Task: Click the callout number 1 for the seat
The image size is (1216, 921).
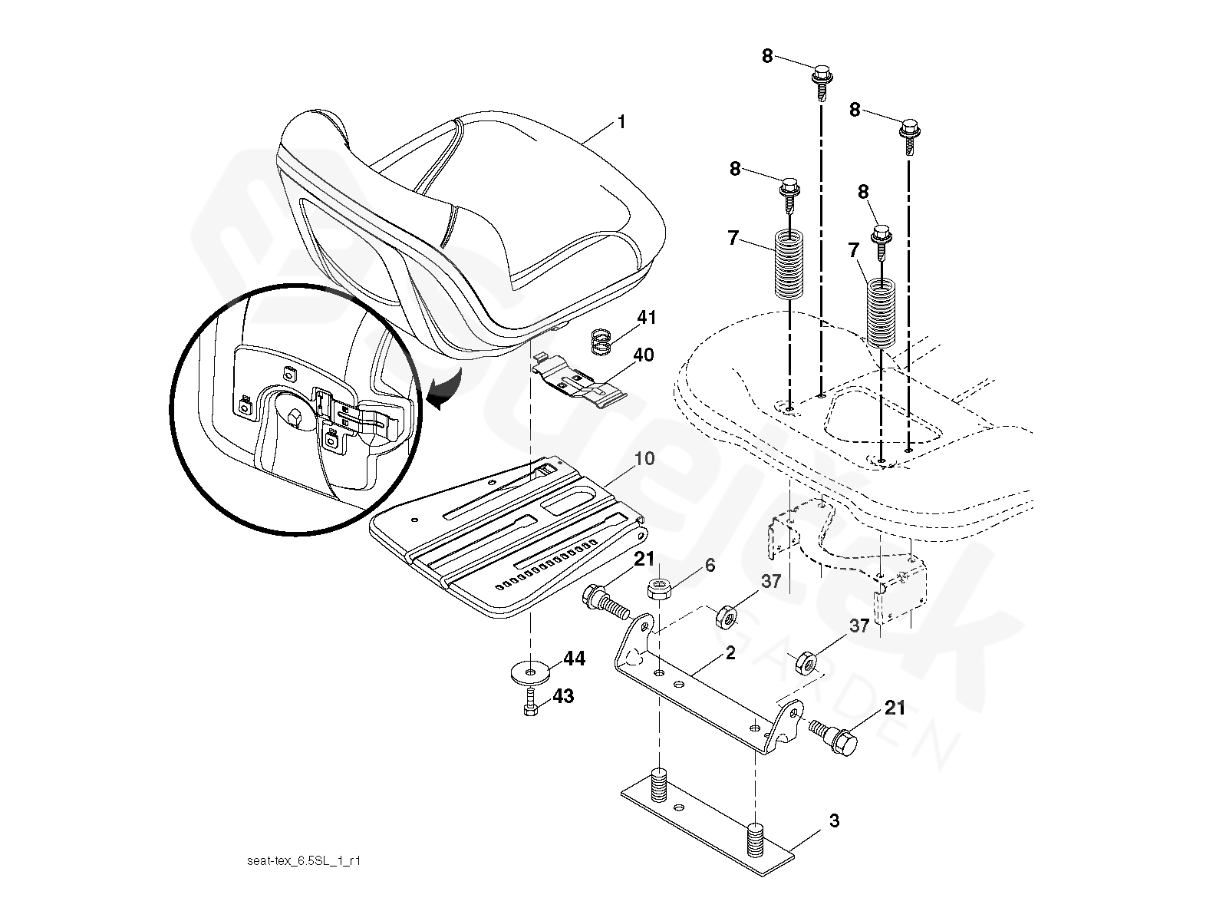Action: (621, 122)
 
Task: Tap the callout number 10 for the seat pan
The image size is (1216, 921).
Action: (644, 458)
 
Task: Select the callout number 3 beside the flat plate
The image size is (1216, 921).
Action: (834, 821)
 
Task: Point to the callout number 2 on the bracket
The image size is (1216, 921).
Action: (730, 652)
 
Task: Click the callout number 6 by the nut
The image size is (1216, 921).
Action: (710, 566)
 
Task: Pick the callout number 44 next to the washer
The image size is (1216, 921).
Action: (574, 658)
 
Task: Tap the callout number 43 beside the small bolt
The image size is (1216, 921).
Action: (563, 696)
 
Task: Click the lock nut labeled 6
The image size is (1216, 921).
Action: (659, 589)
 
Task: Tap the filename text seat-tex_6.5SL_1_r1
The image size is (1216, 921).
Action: (304, 861)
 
